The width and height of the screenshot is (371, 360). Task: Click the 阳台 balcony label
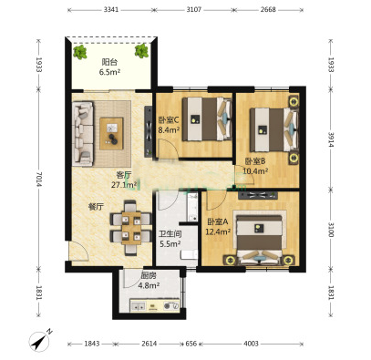109,62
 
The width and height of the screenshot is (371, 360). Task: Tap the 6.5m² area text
109,72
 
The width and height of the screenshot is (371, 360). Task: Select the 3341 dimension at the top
111,10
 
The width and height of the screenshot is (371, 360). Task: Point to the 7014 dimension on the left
38,180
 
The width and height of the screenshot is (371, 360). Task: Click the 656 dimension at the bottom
191,344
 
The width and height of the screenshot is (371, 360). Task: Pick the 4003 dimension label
251,344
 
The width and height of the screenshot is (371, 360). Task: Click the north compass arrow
39,341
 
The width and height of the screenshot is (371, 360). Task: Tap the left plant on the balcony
80,52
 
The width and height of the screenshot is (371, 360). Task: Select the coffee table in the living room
111,133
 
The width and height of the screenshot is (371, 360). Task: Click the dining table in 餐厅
131,228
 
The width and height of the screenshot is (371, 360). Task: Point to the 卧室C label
169,120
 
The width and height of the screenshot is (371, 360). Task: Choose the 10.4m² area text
255,171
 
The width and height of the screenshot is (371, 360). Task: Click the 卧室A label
218,222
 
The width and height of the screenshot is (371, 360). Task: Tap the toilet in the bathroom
189,254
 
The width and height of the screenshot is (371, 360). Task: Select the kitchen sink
139,306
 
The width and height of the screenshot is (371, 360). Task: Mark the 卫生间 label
170,233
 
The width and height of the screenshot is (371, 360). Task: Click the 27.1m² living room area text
124,185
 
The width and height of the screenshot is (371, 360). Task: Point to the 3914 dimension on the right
331,139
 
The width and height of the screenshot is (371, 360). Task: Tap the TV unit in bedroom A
258,195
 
